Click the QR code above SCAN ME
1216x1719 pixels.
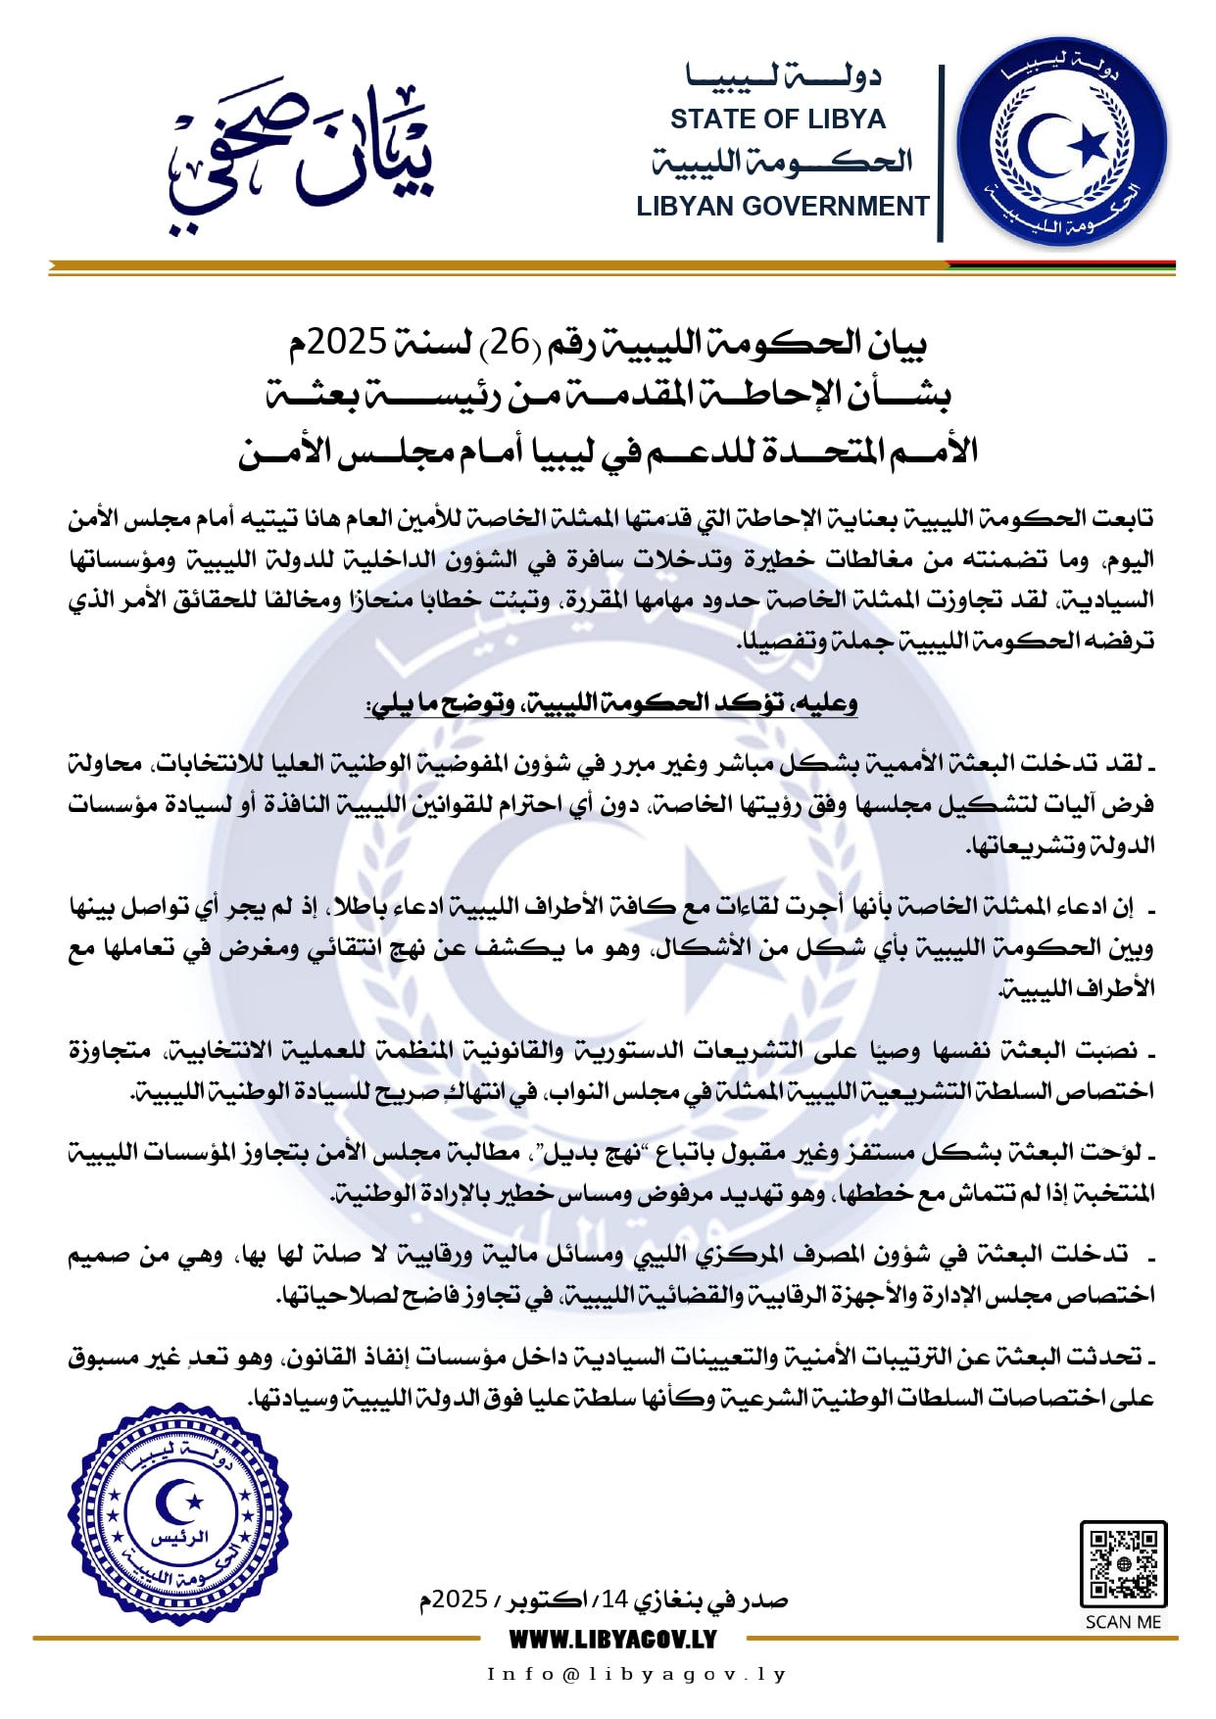1123,1563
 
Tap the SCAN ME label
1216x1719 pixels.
1123,1622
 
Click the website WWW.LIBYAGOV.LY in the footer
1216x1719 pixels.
612,1639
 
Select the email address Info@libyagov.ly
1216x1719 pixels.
637,1674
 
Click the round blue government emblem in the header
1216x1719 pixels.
1062,142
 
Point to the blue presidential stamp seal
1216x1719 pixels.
179,1514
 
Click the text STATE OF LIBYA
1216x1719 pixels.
777,119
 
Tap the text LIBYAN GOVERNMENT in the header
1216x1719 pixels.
782,207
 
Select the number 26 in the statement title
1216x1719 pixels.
510,342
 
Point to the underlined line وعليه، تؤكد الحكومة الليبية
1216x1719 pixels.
611,703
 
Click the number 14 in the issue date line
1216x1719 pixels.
614,1599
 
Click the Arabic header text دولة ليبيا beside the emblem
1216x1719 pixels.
783,75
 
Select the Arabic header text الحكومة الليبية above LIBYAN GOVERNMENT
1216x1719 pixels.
782,162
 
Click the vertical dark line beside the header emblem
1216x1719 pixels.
941,153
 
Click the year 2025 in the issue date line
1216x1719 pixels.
460,1600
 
